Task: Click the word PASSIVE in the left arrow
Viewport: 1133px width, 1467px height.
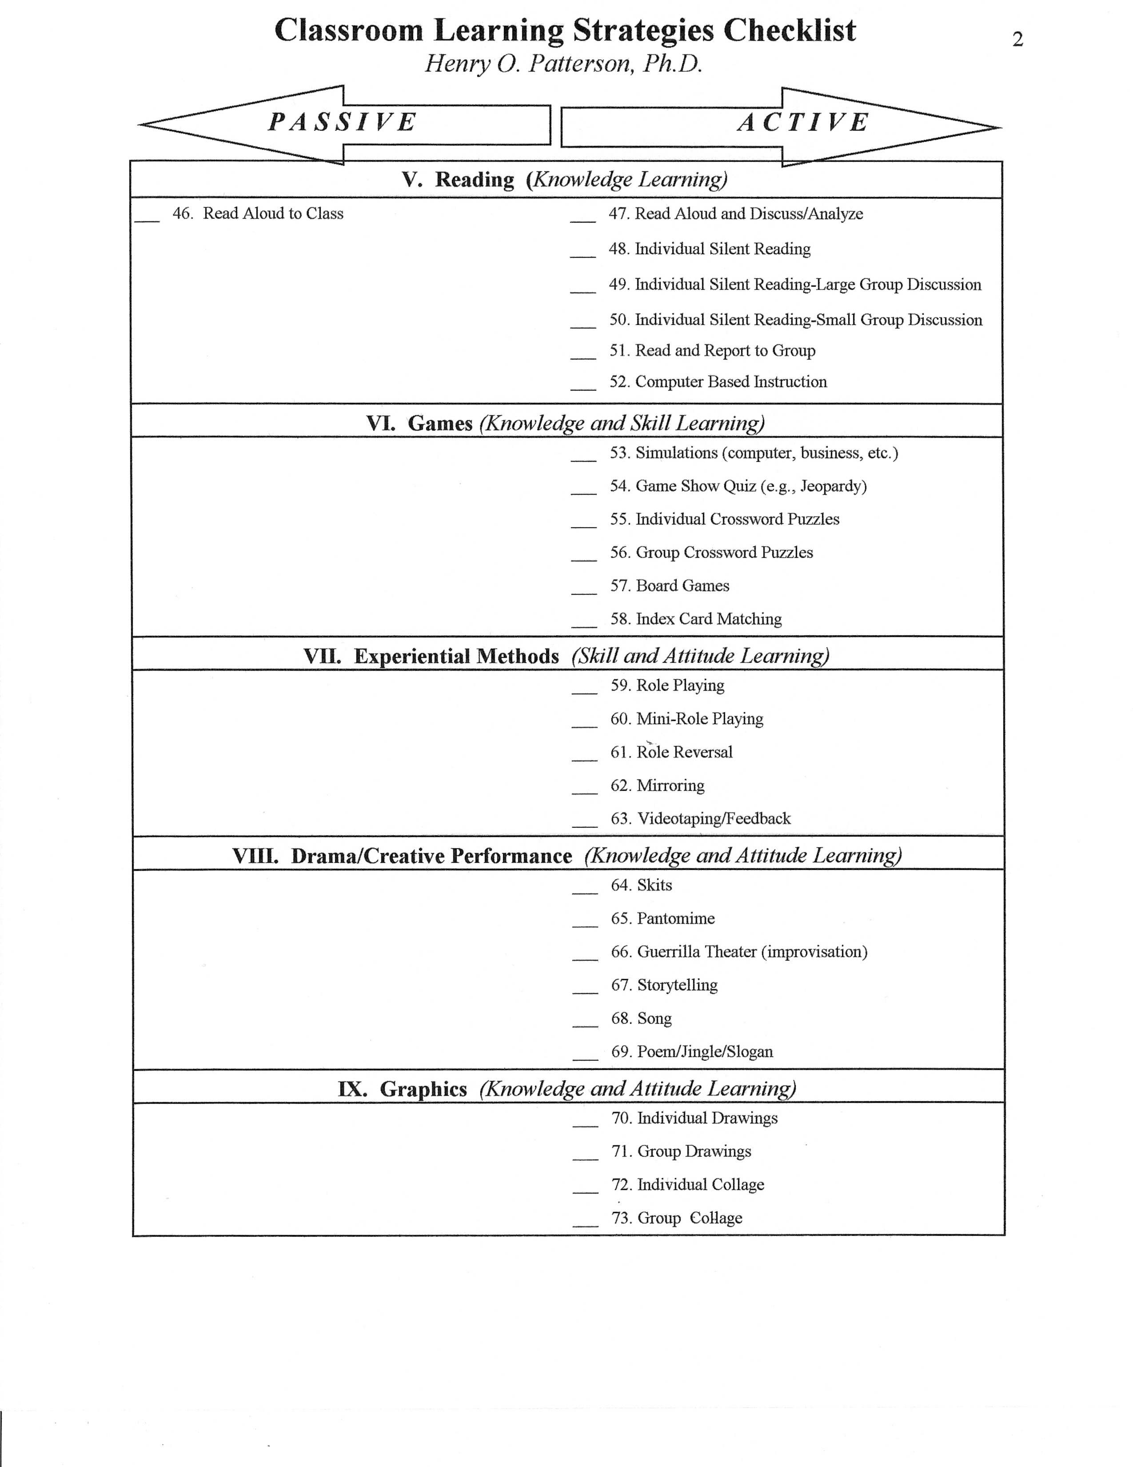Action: [x=342, y=122]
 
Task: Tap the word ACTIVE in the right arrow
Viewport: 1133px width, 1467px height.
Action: [x=803, y=122]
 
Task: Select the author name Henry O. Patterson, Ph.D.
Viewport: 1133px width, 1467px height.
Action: [x=564, y=64]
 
